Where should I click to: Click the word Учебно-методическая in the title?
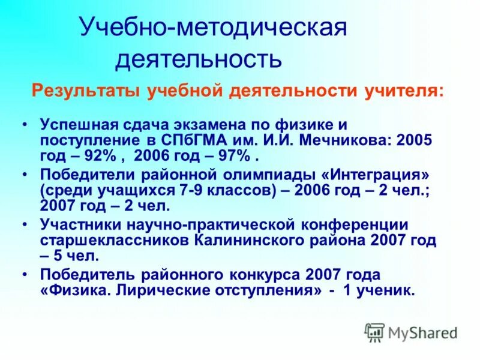(213, 29)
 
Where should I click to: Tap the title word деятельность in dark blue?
(198, 59)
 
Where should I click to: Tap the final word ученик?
(385, 290)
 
